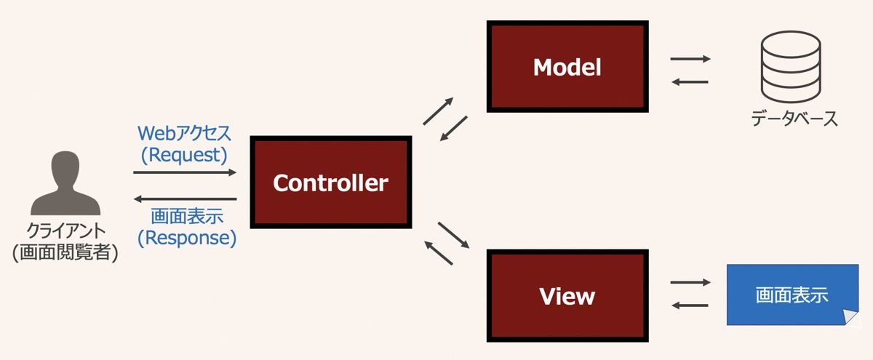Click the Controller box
point(330,183)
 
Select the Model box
point(567,67)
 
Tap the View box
point(567,296)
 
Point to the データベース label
point(794,118)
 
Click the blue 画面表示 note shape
point(790,295)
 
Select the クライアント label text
point(64,232)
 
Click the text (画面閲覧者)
point(65,253)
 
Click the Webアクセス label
point(184,133)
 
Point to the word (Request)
point(184,154)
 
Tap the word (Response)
point(187,237)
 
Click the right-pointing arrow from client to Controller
point(186,172)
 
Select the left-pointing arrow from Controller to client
point(186,199)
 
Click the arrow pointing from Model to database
point(690,58)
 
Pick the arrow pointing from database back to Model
point(690,81)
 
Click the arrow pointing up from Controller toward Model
point(438,111)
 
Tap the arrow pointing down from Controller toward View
point(455,234)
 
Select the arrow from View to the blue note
point(690,281)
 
